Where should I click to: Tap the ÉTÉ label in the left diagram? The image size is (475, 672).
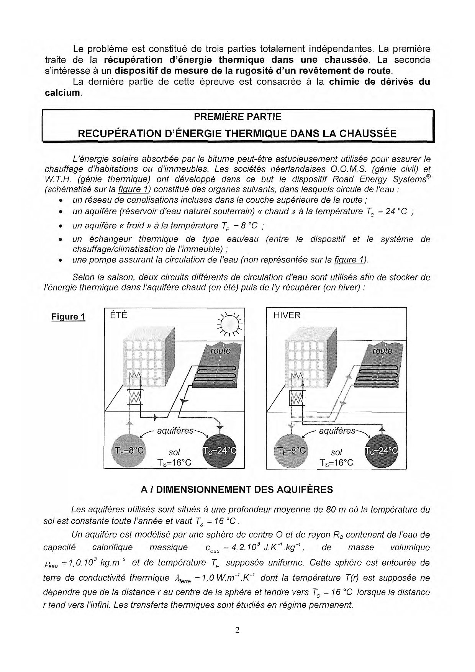point(119,315)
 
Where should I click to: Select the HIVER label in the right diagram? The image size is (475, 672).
point(287,315)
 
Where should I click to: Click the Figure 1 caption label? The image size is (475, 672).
point(68,317)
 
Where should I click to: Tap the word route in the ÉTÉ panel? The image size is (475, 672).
point(221,351)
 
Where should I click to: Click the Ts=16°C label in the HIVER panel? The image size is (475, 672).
point(336,463)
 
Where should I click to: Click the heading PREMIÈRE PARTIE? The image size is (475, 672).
point(237,116)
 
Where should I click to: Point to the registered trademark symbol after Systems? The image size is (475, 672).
point(428,177)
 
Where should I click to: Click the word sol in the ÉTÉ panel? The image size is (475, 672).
point(174,452)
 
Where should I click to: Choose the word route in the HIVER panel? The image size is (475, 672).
point(383,351)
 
